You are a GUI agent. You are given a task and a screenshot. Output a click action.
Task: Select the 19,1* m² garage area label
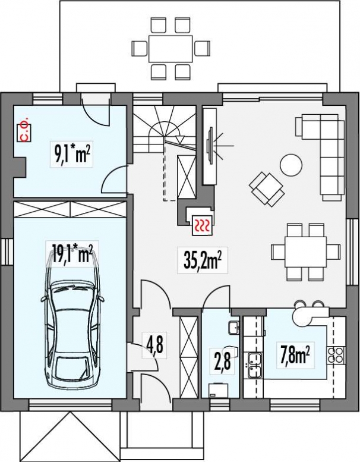pyautogui.click(x=72, y=254)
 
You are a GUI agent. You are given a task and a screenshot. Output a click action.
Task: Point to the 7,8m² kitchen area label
pyautogui.click(x=295, y=356)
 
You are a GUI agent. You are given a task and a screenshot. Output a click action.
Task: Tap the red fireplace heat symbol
pyautogui.click(x=201, y=226)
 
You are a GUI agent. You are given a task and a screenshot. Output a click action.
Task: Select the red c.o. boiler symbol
pyautogui.click(x=25, y=130)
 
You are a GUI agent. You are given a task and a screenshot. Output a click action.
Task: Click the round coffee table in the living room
pyautogui.click(x=291, y=165)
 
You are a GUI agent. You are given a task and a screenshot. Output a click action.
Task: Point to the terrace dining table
pyautogui.click(x=170, y=49)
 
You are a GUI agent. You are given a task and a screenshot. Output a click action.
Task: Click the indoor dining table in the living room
pyautogui.click(x=305, y=252)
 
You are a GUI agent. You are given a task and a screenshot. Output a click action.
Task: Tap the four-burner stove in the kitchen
pyautogui.click(x=336, y=356)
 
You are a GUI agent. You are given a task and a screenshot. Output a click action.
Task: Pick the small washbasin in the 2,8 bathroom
pyautogui.click(x=234, y=328)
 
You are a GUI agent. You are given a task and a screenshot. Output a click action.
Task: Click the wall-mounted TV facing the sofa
pyautogui.click(x=210, y=146)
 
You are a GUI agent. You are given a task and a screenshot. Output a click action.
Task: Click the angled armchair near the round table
pyautogui.click(x=267, y=190)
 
